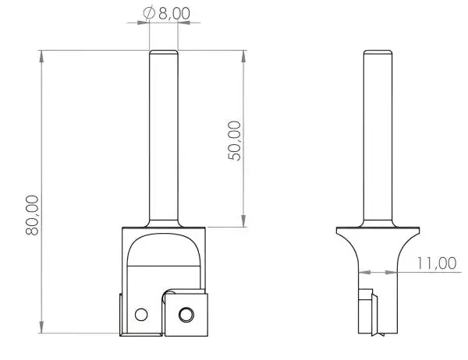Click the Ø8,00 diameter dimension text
coord(168,12)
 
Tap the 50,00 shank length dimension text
coord(235,140)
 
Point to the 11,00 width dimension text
coord(435,263)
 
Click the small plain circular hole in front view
coord(141,315)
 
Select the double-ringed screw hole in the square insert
coord(186,314)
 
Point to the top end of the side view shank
coord(378,51)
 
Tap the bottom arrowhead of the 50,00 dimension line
coord(245,222)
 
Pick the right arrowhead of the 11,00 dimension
coord(397,273)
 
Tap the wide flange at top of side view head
coord(378,231)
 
